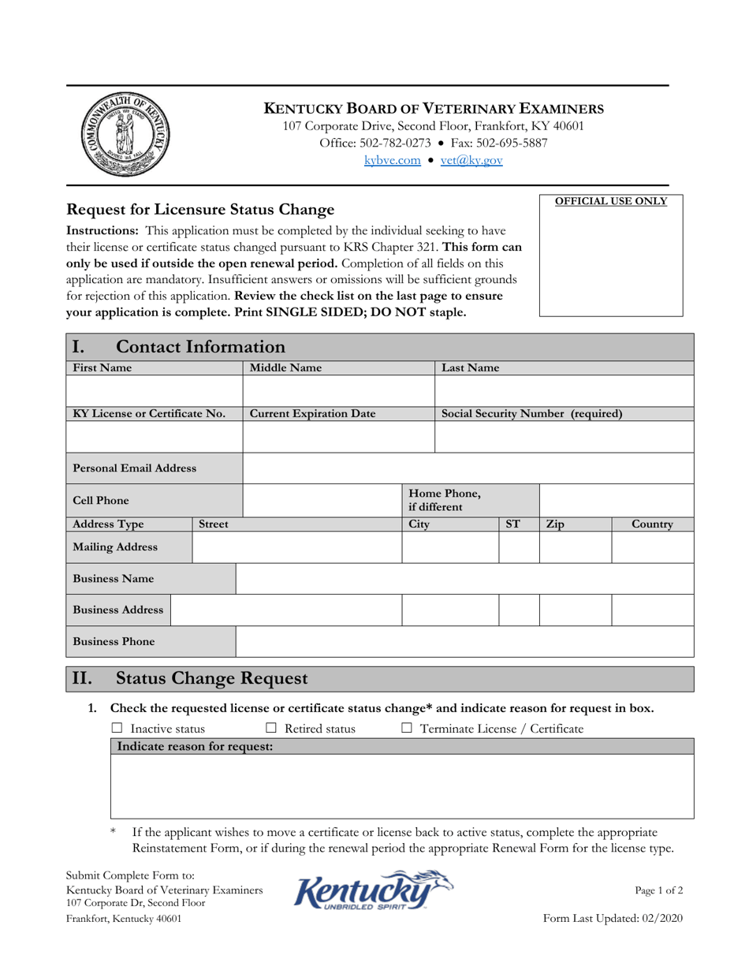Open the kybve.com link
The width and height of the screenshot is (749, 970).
click(392, 160)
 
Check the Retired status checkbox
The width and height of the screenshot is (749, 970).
click(271, 729)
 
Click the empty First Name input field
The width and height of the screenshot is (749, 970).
click(154, 390)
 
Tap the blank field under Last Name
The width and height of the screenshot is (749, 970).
click(564, 390)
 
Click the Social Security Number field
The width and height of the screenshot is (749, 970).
click(564, 437)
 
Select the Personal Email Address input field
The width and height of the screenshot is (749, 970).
click(468, 468)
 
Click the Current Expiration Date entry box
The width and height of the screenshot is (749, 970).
click(338, 437)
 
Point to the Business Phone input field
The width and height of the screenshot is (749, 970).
click(464, 642)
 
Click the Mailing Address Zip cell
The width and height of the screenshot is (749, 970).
click(575, 547)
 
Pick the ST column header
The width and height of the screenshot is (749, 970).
click(512, 524)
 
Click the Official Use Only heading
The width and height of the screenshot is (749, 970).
click(611, 201)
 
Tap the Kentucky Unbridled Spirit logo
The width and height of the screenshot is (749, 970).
click(374, 891)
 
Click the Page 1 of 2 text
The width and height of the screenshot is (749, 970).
click(658, 890)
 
